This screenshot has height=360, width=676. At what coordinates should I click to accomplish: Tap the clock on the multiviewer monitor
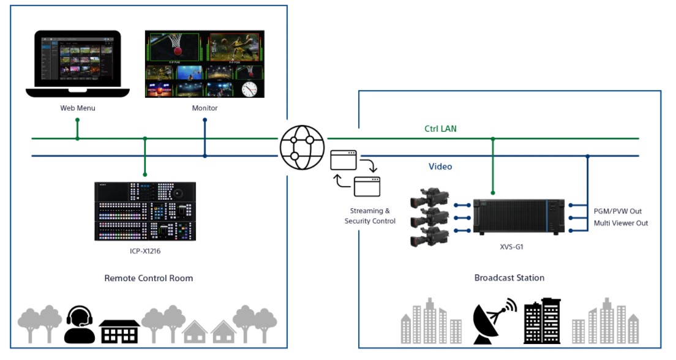249,89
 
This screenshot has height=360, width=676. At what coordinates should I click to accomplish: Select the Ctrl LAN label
440,129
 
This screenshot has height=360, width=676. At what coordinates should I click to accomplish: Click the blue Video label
440,166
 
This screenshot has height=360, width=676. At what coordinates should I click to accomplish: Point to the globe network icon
302,147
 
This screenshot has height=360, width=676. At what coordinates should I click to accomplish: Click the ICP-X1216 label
146,250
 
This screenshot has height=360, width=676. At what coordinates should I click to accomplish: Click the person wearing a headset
80,324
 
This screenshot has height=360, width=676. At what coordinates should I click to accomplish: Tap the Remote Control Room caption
149,278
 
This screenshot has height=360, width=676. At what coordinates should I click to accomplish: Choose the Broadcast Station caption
509,277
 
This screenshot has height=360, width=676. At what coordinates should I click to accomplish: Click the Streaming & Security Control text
370,216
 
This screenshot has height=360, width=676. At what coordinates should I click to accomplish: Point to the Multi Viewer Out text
620,223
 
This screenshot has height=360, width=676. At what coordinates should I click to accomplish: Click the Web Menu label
78,108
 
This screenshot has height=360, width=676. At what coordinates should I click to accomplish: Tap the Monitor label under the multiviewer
205,108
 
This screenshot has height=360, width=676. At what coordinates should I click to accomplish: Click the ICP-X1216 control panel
145,211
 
